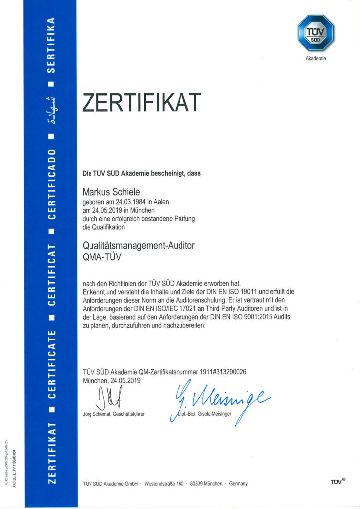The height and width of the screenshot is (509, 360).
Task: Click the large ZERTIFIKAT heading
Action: [141, 103]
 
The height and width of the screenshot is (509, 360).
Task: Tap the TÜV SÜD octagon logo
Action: [316, 32]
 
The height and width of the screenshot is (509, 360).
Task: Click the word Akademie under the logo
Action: [316, 58]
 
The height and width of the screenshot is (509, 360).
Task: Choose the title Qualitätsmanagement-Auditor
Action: [139, 245]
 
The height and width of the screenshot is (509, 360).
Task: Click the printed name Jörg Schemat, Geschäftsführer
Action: [113, 414]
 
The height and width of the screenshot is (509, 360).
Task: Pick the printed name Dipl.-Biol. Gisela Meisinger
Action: [205, 414]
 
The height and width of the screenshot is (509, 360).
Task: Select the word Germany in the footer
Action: [238, 484]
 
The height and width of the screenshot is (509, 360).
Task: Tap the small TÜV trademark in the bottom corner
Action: [338, 482]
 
